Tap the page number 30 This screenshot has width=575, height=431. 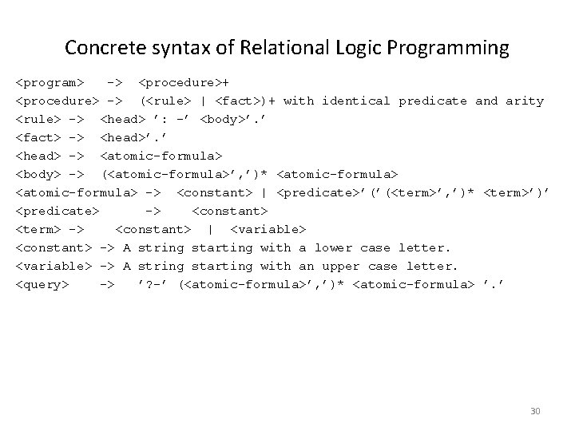[x=535, y=411]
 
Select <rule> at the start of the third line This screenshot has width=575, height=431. [x=42, y=119]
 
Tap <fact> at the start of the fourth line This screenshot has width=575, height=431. [x=42, y=137]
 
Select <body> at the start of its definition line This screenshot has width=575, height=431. [x=42, y=174]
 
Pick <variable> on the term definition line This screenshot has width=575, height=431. [x=264, y=229]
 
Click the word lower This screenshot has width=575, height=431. [x=332, y=247]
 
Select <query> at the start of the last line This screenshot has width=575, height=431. [x=42, y=284]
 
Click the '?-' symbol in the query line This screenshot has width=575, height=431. [x=153, y=284]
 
